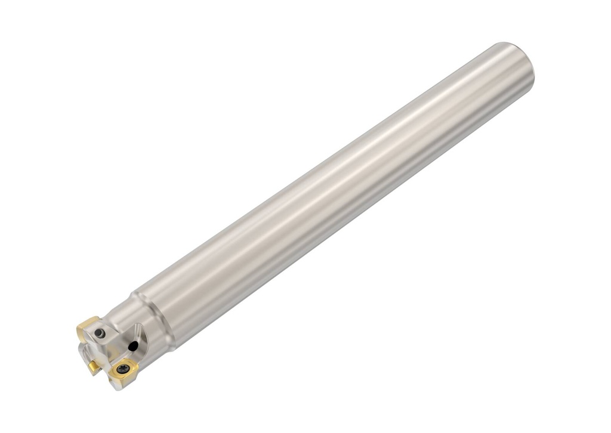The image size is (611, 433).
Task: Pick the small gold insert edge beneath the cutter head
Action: pyautogui.click(x=93, y=366)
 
